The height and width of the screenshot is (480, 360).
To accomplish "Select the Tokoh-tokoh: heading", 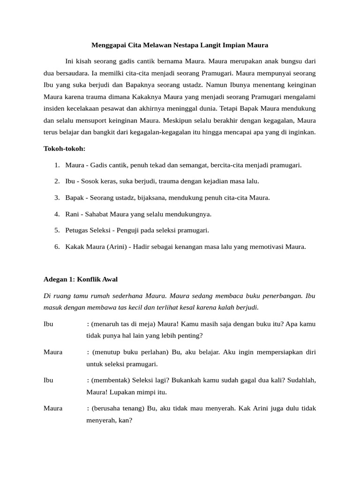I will [x=64, y=149].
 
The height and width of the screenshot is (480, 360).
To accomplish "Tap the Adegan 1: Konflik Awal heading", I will [x=81, y=279].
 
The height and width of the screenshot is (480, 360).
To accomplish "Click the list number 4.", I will [x=56, y=214].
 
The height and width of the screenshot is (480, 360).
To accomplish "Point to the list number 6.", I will [x=56, y=247].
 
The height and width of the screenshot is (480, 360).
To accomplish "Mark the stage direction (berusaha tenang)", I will [x=119, y=408].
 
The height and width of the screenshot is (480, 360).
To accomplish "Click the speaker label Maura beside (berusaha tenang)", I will [x=53, y=408].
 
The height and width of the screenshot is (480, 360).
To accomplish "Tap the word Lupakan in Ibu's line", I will [x=121, y=392].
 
